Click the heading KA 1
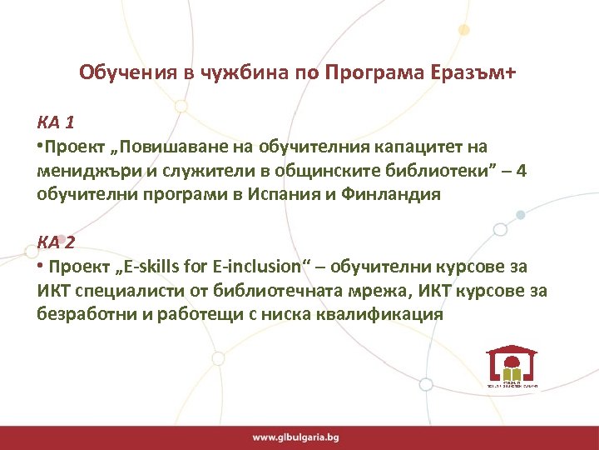[56, 123]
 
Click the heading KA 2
[56, 242]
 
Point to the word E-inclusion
[254, 267]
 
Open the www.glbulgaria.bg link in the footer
[296, 437]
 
